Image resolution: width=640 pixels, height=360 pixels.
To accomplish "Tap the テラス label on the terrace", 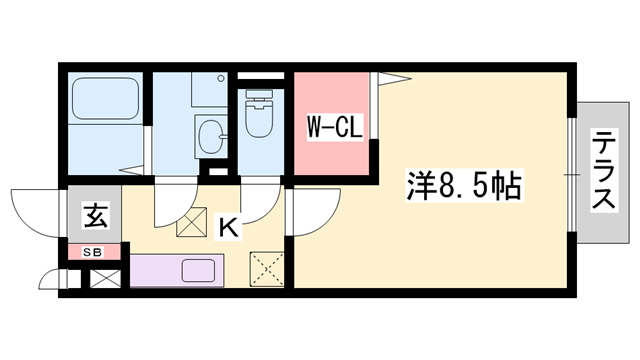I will pyautogui.click(x=603, y=171).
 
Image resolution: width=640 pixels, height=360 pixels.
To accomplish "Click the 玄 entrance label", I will pyautogui.click(x=94, y=215).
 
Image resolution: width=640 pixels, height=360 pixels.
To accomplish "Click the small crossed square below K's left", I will pyautogui.click(x=189, y=225).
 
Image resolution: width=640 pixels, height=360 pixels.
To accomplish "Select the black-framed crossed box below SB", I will pyautogui.click(x=104, y=278).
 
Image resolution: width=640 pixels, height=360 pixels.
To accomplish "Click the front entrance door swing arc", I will pyautogui.click(x=34, y=212).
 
